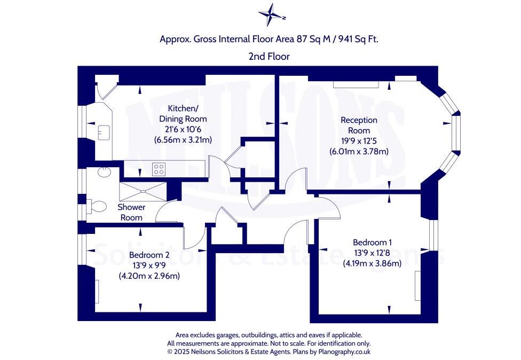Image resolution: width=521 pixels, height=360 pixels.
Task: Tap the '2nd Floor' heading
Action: tap(269, 56)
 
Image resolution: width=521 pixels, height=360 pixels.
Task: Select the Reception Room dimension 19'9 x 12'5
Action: tap(359, 140)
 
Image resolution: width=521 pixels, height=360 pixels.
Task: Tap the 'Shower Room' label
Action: tap(131, 212)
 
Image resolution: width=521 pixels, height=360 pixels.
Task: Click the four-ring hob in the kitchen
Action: tap(159, 169)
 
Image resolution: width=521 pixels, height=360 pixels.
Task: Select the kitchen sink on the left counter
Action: tap(103, 130)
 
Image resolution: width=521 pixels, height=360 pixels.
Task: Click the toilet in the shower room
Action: tap(96, 206)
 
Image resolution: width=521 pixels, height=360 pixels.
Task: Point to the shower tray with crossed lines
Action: tap(143, 190)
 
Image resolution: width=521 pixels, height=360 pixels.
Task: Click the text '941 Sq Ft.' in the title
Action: tap(358, 39)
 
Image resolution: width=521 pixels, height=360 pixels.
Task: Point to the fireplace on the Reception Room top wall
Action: tap(357, 84)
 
